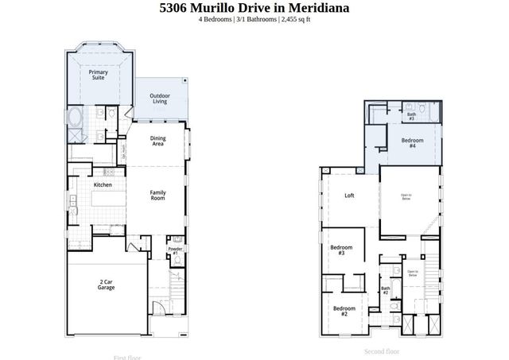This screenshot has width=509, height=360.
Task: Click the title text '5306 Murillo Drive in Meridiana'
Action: point(254,8)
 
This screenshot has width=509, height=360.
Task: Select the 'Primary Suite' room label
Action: point(99,75)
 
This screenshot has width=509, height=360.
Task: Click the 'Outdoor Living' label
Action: point(160,99)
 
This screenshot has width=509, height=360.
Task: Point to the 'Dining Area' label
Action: point(158,141)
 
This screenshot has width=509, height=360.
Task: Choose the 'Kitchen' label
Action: point(103,184)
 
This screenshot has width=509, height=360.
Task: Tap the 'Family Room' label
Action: point(158,194)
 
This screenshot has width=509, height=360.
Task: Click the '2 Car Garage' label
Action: point(106,284)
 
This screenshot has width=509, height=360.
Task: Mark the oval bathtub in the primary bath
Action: point(76,119)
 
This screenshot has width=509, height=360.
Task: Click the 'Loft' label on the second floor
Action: point(349,195)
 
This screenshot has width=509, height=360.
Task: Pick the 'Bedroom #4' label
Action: point(412,143)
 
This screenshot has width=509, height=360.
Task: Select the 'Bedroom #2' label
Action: point(344,311)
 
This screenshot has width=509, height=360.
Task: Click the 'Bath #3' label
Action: point(411,116)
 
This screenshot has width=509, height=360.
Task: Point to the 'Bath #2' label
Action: point(384,291)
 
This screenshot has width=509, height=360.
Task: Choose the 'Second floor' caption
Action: point(382,350)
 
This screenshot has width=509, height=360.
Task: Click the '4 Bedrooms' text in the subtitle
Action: point(215,20)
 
